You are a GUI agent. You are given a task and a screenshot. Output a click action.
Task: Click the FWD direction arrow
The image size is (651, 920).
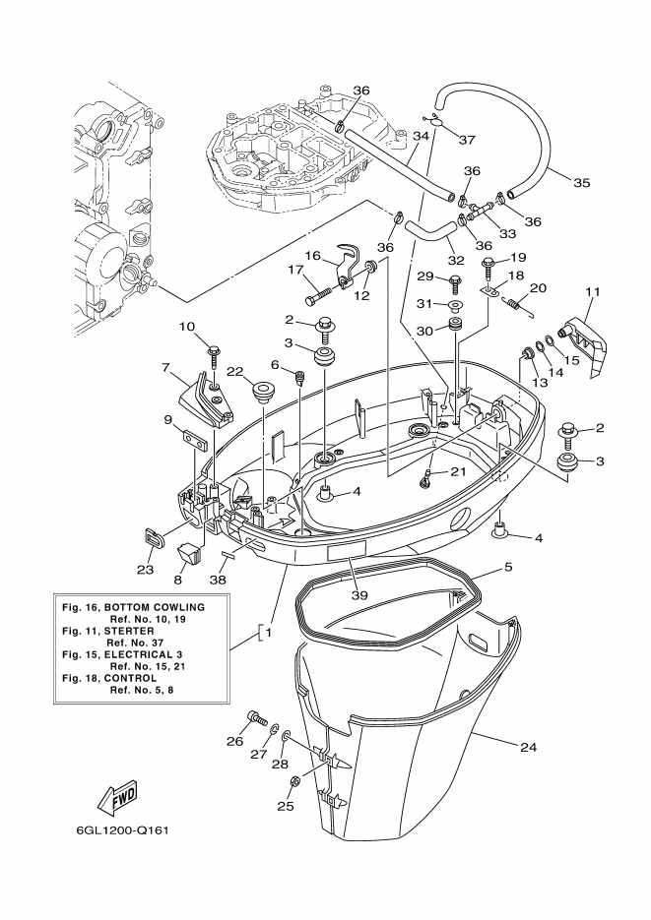click(117, 799)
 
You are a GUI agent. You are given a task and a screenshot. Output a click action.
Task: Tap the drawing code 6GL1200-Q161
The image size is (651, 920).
click(123, 830)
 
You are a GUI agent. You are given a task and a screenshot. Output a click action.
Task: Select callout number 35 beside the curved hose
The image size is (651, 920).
click(581, 182)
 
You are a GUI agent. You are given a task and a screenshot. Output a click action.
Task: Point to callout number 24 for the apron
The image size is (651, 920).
click(528, 747)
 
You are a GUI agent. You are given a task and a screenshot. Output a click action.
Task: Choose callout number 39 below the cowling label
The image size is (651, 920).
click(359, 595)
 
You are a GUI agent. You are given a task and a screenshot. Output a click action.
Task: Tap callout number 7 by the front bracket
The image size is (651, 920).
click(165, 368)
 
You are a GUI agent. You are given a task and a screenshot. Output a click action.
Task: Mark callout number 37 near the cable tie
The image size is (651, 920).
click(467, 140)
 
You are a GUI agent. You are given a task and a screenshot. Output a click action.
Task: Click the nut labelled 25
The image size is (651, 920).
click(296, 781)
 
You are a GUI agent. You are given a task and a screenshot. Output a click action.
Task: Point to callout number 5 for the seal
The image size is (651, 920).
click(508, 567)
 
